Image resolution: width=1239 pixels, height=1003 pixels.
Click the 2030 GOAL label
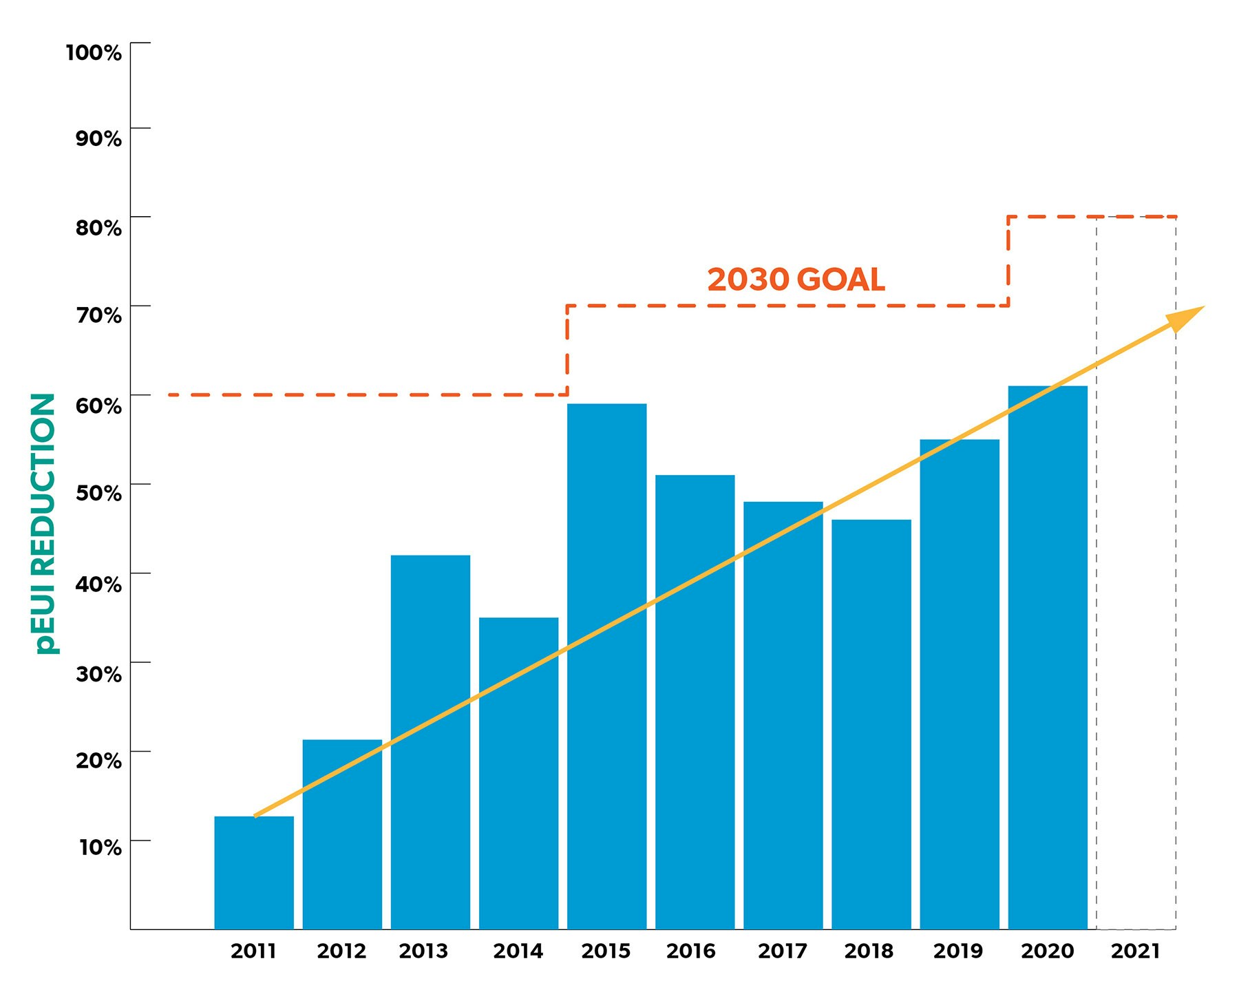796,279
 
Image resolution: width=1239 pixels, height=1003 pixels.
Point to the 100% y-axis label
94,52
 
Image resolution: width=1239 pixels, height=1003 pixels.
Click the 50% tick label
98,493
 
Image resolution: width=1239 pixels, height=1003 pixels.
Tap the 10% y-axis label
100,847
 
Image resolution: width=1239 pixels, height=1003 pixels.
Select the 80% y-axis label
98,227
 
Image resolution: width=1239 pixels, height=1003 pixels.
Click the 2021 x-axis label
1135,951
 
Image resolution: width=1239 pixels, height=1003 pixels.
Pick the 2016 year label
690,951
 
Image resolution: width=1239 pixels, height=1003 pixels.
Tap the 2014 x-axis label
518,951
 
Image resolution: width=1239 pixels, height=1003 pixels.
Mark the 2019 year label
957,951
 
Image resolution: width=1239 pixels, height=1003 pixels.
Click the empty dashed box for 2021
1136,620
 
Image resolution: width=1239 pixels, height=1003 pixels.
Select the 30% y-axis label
98,673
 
